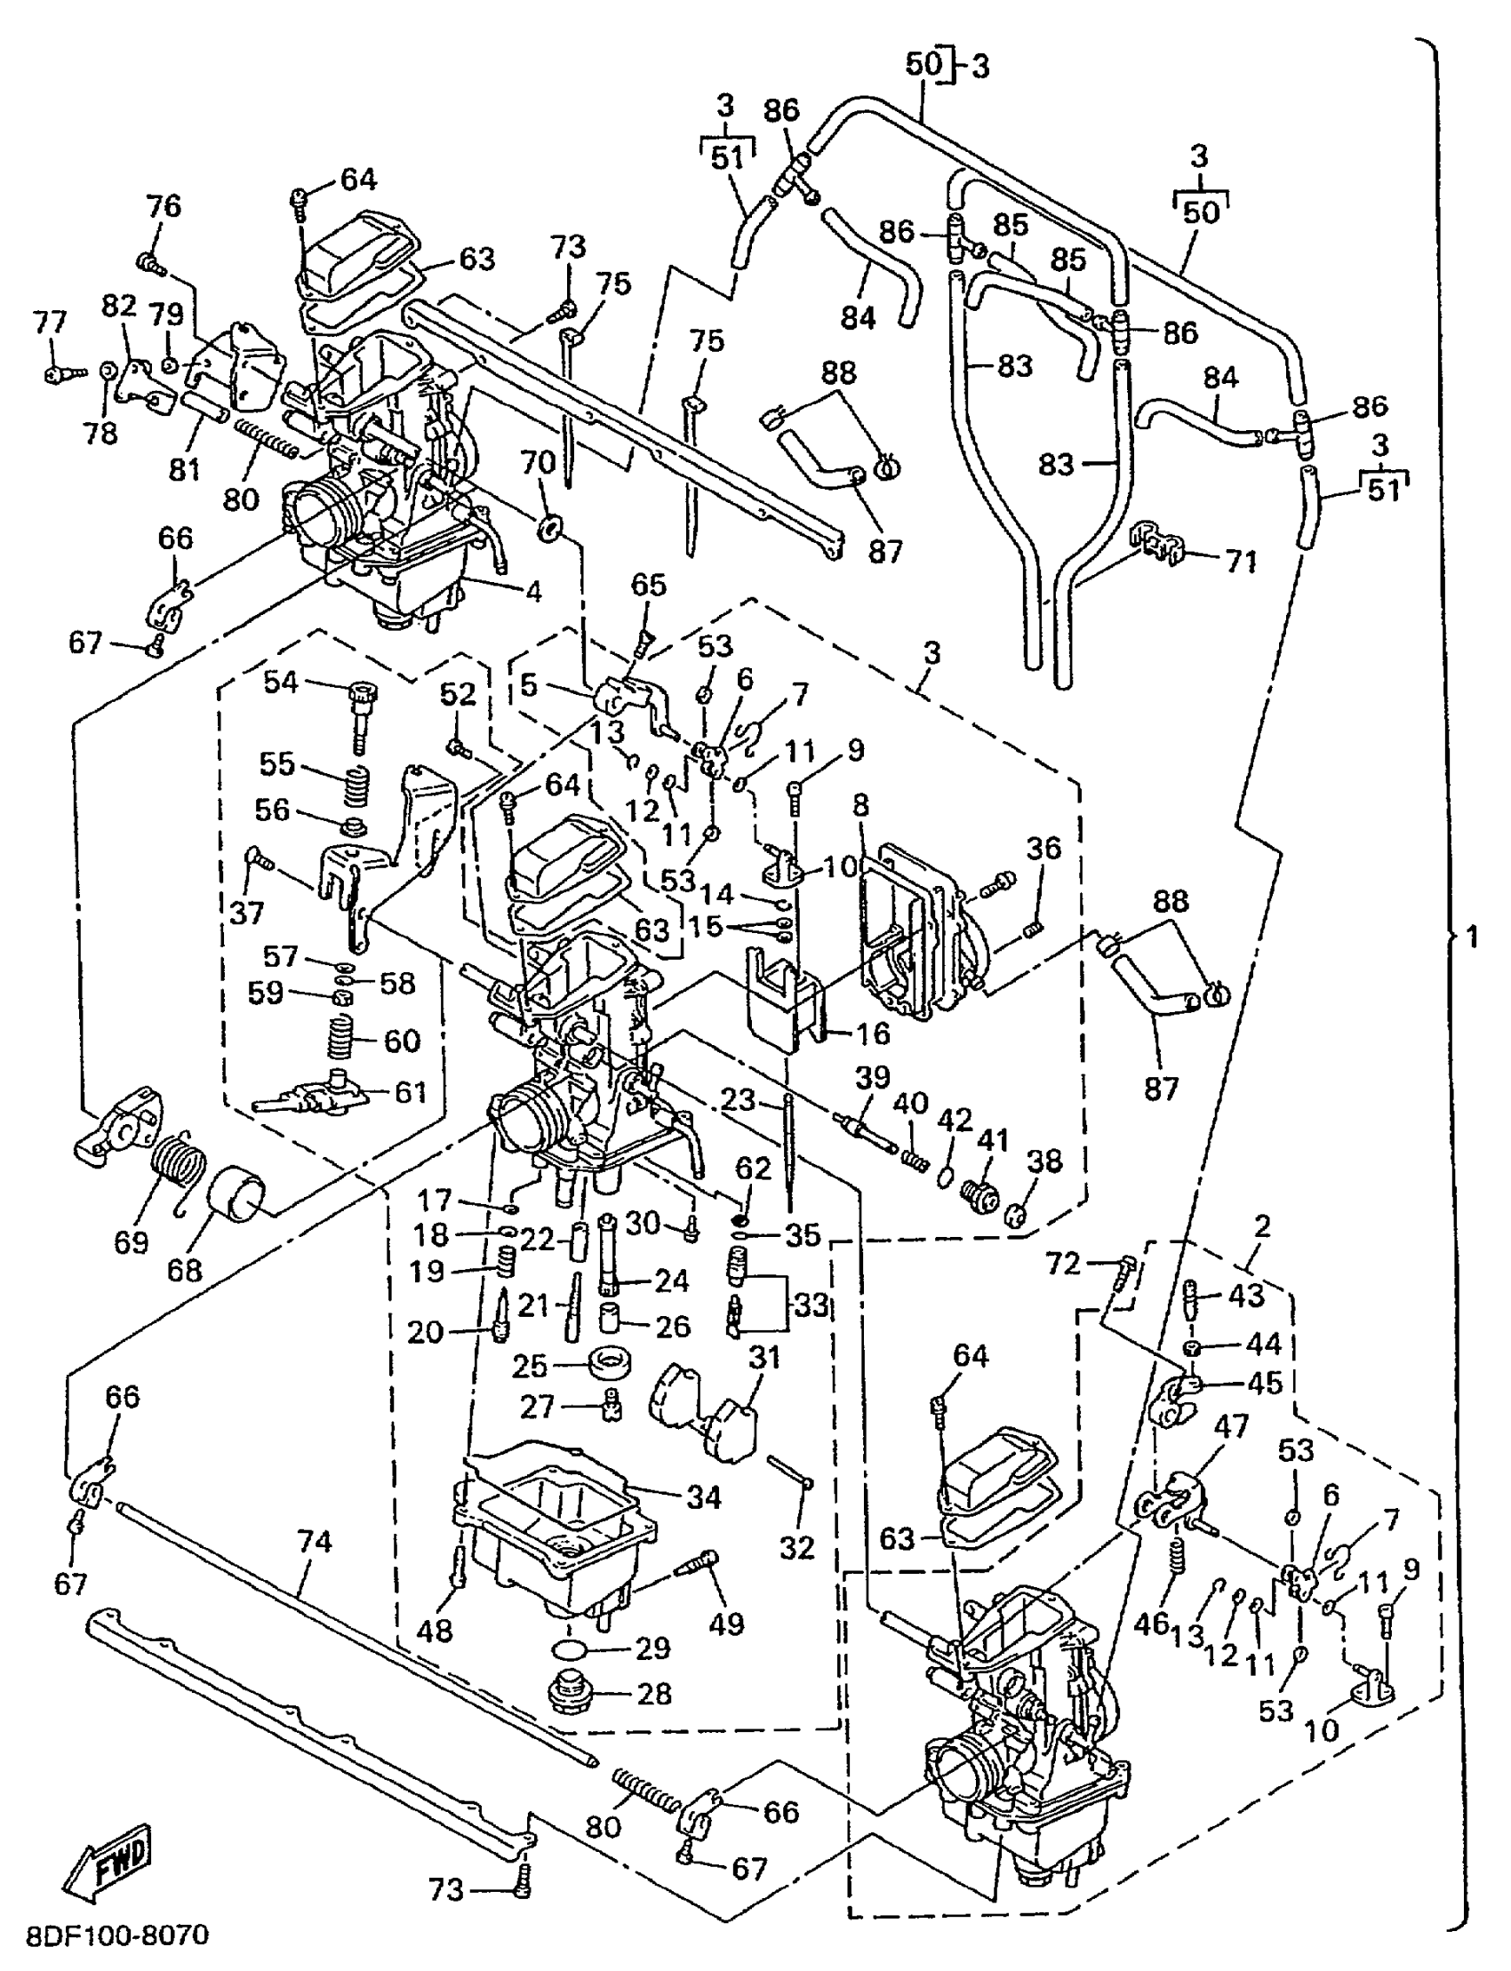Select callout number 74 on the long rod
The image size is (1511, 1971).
[x=314, y=1542]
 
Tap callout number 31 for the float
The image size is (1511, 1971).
[x=763, y=1357]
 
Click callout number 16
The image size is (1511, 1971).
[x=869, y=1033]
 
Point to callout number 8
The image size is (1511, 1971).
[x=861, y=806]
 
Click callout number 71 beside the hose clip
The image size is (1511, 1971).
[x=1240, y=562]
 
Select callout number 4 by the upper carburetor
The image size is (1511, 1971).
[x=533, y=593]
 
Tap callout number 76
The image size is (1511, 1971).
[x=164, y=206]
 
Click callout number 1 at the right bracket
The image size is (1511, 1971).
[x=1472, y=938]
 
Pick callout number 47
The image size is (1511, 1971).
[x=1231, y=1428]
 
